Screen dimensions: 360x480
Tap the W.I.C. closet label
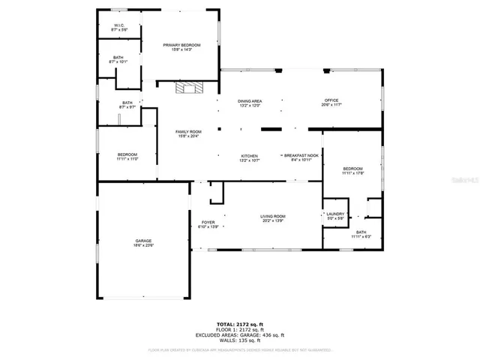click(119, 27)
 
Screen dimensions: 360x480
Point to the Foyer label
click(207, 224)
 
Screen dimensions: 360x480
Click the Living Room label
click(273, 218)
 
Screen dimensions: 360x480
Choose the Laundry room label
click(335, 216)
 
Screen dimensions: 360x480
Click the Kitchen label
click(248, 157)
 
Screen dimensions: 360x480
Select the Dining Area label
click(250, 103)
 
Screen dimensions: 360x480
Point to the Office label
click(331, 103)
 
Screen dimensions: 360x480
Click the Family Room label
click(187, 133)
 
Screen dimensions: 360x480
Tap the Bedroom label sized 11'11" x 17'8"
click(352, 171)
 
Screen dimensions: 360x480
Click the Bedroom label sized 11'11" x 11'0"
click(127, 157)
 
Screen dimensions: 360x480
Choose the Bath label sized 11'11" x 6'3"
click(361, 235)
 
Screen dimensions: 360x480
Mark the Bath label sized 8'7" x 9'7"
click(127, 105)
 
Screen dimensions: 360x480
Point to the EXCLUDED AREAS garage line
click(239, 334)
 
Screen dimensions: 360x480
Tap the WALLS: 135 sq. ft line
click(239, 340)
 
